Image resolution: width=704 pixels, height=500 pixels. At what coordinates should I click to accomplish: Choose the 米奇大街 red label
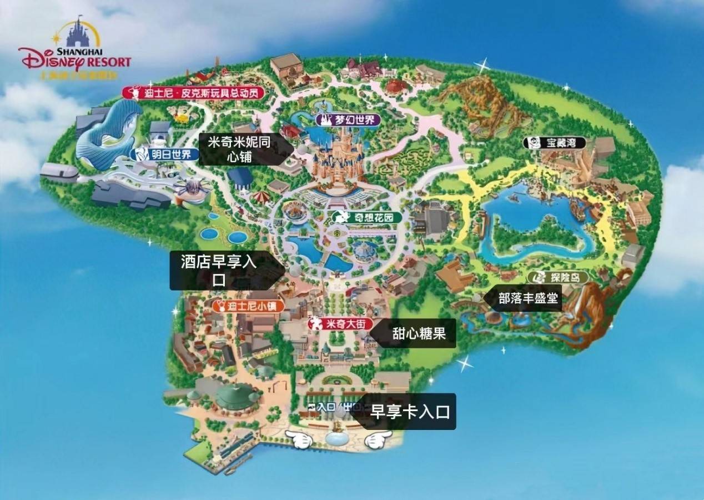(340, 323)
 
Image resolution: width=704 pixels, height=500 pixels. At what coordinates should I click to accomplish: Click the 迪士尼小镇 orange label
(249, 306)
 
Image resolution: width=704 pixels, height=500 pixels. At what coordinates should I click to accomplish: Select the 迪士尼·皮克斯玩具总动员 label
(193, 93)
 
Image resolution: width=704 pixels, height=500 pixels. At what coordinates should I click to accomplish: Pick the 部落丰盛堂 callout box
(525, 299)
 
